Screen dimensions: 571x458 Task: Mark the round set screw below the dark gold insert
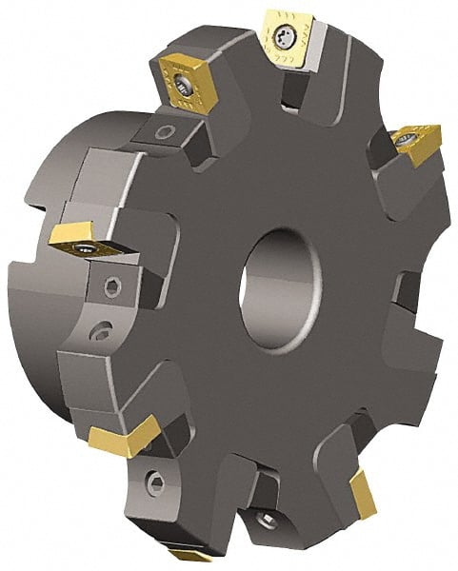(x=167, y=132)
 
